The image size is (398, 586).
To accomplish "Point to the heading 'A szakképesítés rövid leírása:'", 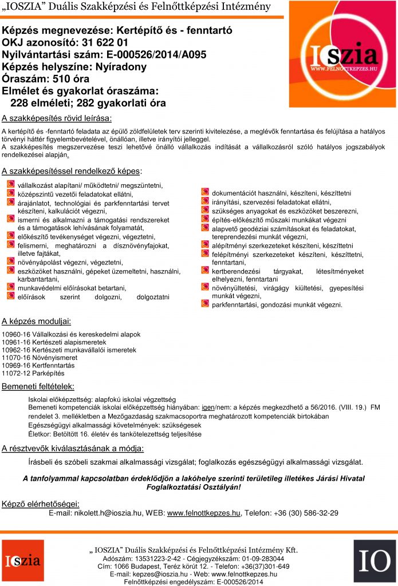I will pyautogui.click(x=57, y=119).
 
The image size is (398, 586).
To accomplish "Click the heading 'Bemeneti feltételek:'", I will pyautogui.click(x=38, y=387).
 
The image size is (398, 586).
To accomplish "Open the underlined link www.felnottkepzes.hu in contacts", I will pyautogui.click(x=203, y=513).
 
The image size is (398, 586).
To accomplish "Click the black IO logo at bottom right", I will pyautogui.click(x=374, y=561).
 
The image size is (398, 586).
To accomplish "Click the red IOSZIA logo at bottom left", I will pyautogui.click(x=23, y=561).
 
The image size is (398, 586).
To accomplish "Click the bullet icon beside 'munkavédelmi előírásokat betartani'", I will pyautogui.click(x=10, y=287).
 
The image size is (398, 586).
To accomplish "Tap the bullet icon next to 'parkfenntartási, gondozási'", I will pyautogui.click(x=204, y=304).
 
